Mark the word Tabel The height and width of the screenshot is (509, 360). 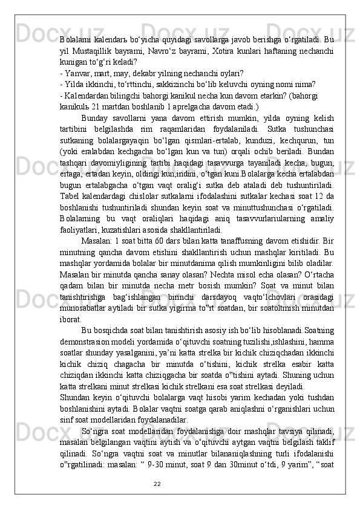click(70, 203)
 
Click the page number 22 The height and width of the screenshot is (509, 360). click(157, 484)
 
